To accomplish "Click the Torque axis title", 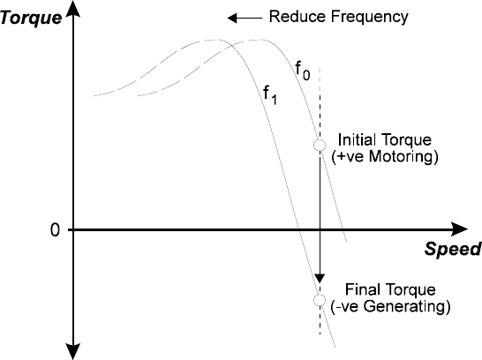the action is (31, 18).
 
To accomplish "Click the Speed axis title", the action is (453, 249).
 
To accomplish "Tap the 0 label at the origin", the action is (55, 229).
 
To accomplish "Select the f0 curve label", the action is (303, 71).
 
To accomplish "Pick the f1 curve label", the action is (270, 95).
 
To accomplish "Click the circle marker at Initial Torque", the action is (320, 145).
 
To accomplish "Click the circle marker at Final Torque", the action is (320, 300).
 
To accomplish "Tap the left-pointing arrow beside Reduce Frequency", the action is (245, 19).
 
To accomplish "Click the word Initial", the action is (356, 139).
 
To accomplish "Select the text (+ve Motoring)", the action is (385, 157).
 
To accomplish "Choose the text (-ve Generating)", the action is (390, 306).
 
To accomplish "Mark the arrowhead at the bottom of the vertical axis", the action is (73, 352).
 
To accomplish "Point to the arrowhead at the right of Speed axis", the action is (460, 229).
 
